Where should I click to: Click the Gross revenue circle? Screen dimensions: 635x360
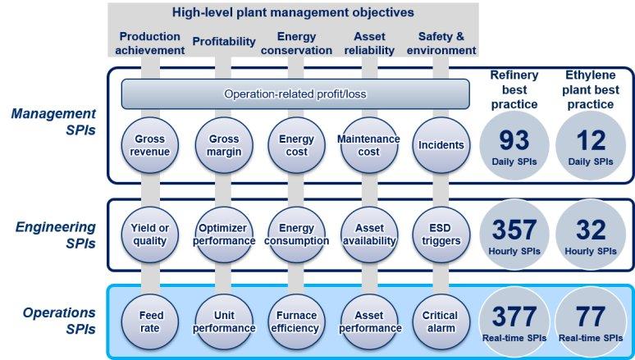click(150, 145)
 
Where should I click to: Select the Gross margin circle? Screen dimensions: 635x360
click(224, 145)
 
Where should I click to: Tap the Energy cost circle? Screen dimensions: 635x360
click(296, 145)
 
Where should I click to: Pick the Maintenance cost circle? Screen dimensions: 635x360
click(369, 145)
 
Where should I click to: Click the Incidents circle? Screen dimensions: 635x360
click(441, 145)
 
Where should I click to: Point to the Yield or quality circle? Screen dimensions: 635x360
click(150, 235)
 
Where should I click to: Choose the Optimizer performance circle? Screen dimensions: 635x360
click(224, 235)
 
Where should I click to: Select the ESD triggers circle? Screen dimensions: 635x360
click(441, 235)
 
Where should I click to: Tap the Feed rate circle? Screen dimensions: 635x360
click(150, 322)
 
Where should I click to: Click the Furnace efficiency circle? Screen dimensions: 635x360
click(296, 322)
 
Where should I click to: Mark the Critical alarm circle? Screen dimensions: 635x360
click(441, 322)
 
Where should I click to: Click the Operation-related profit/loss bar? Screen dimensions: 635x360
click(295, 94)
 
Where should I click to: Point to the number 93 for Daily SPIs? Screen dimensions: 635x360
click(514, 140)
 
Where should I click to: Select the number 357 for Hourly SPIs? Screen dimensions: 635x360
click(514, 230)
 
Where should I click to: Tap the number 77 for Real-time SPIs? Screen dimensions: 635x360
click(591, 317)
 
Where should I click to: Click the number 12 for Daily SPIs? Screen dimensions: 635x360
click(591, 140)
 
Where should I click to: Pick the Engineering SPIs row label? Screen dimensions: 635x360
click(56, 235)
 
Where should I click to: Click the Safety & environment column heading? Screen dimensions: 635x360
click(441, 43)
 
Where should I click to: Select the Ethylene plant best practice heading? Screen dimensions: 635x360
click(591, 89)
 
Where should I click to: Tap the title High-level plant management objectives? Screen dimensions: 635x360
click(293, 12)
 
